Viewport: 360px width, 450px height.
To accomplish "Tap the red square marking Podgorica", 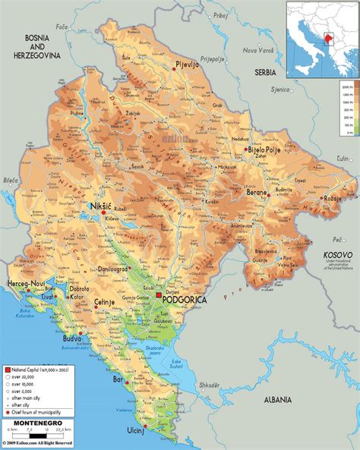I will (159, 298).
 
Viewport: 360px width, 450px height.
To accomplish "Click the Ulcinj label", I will (176, 430).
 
